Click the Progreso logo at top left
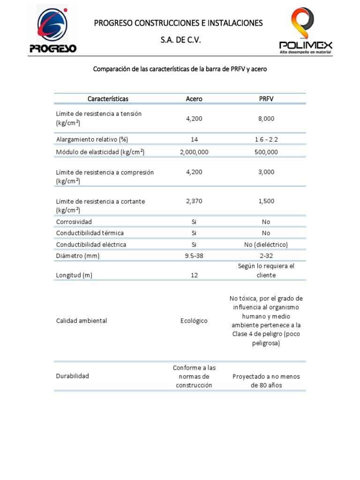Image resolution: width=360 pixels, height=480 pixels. tap(53, 29)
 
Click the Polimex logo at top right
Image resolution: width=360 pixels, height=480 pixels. tap(306, 30)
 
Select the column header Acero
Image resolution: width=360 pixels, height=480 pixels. tap(194, 99)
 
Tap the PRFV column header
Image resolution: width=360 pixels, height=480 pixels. tap(266, 99)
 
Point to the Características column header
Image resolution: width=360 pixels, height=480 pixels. tap(108, 99)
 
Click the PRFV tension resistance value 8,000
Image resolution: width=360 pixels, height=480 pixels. tap(266, 119)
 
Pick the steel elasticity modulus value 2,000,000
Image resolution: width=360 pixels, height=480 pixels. tap(194, 152)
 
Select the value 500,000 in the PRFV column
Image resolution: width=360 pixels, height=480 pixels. tap(266, 152)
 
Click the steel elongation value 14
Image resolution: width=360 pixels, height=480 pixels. tap(194, 140)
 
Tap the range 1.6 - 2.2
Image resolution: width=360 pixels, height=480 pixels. tap(266, 140)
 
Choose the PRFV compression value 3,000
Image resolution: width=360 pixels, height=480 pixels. tap(266, 172)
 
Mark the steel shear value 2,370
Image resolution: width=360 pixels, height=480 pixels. tap(194, 201)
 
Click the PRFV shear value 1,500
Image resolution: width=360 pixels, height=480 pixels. tap(266, 201)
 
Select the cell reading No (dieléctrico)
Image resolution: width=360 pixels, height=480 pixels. tap(266, 245)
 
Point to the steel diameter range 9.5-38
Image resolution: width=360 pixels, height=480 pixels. tap(194, 256)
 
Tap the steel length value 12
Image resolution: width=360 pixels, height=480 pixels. tap(194, 276)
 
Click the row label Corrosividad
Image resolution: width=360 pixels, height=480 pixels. tap(74, 222)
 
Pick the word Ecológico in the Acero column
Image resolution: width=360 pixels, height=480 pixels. tap(194, 321)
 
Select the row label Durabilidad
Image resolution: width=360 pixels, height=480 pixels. tap(73, 376)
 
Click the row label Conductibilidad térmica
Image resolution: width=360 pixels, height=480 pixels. tap(90, 233)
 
